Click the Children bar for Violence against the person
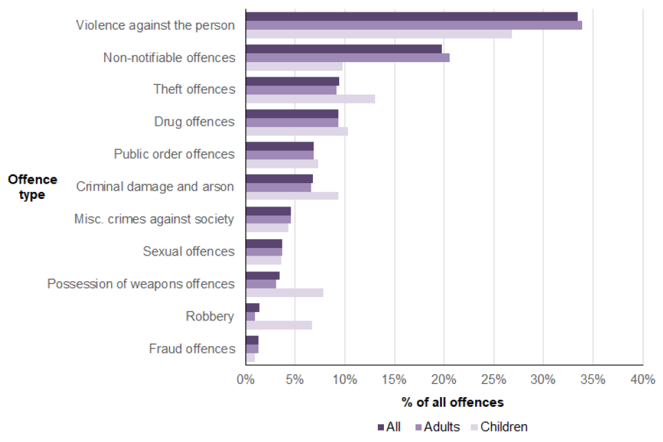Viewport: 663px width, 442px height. [x=378, y=34]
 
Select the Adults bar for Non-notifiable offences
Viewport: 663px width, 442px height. [x=347, y=57]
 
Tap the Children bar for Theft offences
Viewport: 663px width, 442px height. [x=310, y=99]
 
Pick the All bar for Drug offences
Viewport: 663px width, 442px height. [x=292, y=113]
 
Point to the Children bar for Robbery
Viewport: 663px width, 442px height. [x=279, y=325]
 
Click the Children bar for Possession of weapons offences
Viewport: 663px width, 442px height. [x=285, y=293]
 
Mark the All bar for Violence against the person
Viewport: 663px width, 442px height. [x=412, y=16]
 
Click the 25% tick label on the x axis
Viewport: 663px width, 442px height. [x=493, y=379]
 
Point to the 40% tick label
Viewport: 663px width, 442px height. [x=642, y=379]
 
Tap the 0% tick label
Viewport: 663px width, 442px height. [x=245, y=379]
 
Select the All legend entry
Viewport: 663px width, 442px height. [x=390, y=427]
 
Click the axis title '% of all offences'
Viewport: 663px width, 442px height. [x=452, y=402]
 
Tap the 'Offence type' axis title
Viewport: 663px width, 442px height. [x=32, y=187]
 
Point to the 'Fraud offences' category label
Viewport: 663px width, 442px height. [x=192, y=349]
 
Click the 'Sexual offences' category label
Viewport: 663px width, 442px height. [x=189, y=251]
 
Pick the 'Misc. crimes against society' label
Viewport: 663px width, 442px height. [x=154, y=219]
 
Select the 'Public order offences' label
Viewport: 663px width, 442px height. [x=174, y=154]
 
